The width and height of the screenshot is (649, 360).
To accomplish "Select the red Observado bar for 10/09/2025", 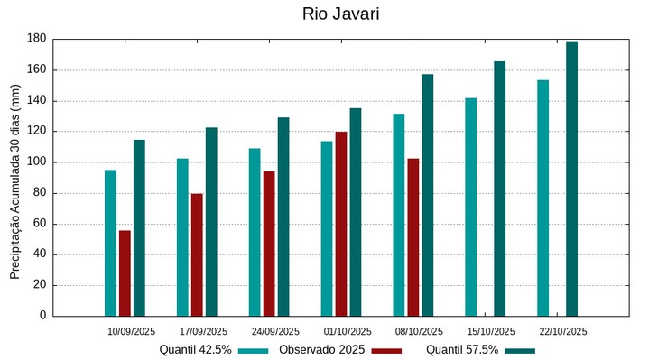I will click(x=125, y=272).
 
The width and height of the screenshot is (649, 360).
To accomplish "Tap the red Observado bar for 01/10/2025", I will click(x=341, y=224).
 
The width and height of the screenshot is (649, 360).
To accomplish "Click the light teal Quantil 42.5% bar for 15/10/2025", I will click(x=470, y=207).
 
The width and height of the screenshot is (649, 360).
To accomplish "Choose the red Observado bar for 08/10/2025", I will click(x=413, y=236).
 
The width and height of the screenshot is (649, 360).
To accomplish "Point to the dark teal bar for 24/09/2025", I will click(x=283, y=217).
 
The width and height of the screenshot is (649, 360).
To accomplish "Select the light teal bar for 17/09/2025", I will click(x=182, y=237).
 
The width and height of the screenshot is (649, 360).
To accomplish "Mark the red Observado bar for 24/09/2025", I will click(x=269, y=244).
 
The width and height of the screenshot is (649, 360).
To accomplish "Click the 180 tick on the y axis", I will click(x=36, y=39).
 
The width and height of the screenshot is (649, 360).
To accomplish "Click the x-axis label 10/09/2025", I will click(x=132, y=331).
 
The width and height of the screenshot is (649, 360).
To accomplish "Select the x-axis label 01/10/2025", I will click(x=348, y=331).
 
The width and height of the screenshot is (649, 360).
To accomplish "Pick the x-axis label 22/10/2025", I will click(x=563, y=331).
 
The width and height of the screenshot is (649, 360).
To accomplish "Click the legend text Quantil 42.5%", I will click(x=195, y=349).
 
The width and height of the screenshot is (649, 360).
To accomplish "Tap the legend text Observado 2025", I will click(x=321, y=349).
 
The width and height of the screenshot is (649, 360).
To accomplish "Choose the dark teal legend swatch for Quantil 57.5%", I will click(x=520, y=350).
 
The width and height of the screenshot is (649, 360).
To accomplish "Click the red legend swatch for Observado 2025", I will click(x=386, y=350).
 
